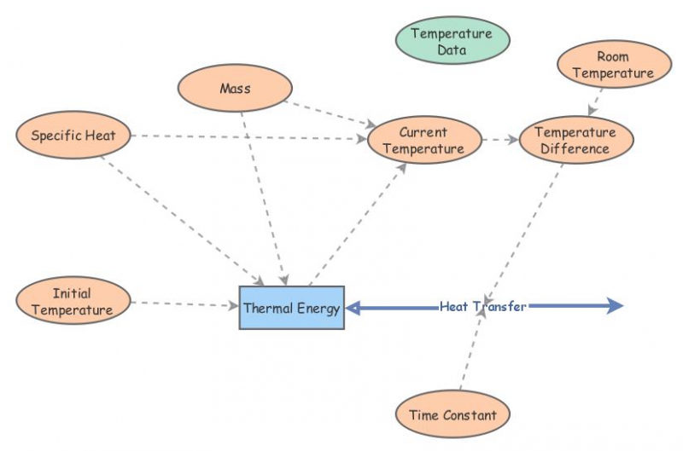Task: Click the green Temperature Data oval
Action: (x=452, y=41)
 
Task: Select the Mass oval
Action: (x=235, y=89)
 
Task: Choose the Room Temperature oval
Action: (x=613, y=66)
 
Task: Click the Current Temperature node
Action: (x=423, y=141)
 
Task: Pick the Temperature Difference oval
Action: (x=576, y=141)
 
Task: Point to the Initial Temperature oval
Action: (x=73, y=302)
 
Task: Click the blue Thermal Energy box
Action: (x=291, y=308)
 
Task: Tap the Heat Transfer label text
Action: (x=483, y=306)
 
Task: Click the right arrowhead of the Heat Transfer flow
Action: (x=617, y=306)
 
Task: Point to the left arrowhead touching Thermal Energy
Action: (x=353, y=308)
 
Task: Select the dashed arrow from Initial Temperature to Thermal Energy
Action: (x=184, y=303)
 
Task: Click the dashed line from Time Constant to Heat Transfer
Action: (x=471, y=350)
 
